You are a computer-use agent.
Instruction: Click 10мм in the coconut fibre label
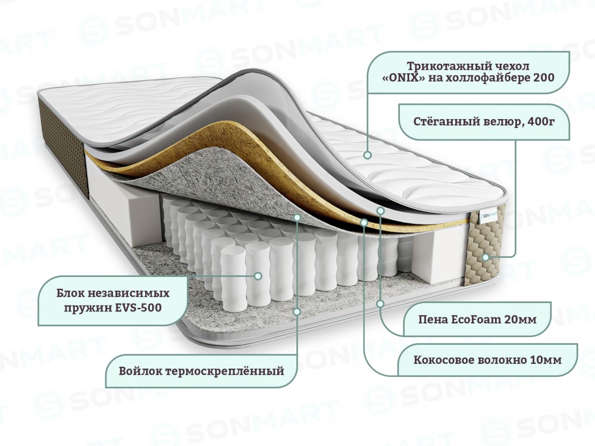pyautogui.click(x=545, y=360)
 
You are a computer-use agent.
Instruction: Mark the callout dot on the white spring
pyautogui.click(x=258, y=276)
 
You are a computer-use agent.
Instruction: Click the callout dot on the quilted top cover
pyautogui.click(x=367, y=155)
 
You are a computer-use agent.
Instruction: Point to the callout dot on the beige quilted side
pyautogui.click(x=486, y=257)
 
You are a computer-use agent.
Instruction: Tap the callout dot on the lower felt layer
pyautogui.click(x=297, y=311)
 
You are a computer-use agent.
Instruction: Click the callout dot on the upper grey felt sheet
pyautogui.click(x=297, y=217)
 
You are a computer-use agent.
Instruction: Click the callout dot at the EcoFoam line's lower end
pyautogui.click(x=381, y=304)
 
